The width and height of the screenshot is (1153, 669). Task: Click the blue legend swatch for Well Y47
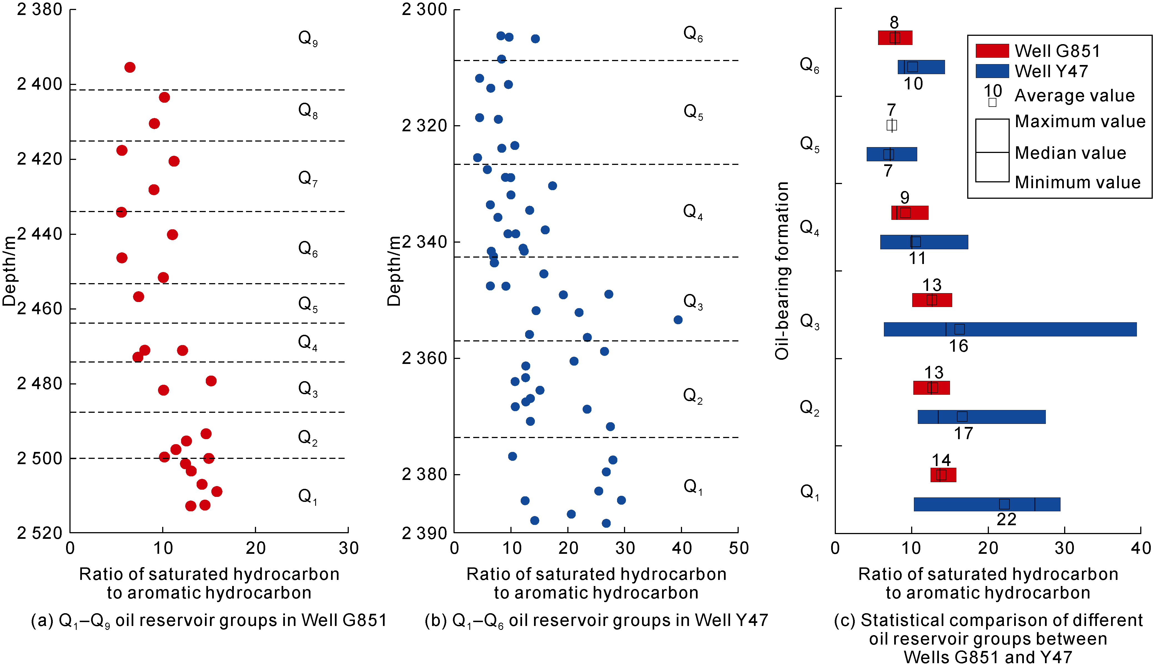click(x=992, y=71)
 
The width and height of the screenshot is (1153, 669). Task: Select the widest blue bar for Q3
click(x=1010, y=329)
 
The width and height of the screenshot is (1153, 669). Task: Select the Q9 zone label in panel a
click(x=307, y=38)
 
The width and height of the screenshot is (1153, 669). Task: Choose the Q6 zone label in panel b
click(x=693, y=34)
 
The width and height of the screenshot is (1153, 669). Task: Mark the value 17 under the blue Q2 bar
click(x=963, y=433)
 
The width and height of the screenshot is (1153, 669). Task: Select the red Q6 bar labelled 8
click(x=895, y=37)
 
